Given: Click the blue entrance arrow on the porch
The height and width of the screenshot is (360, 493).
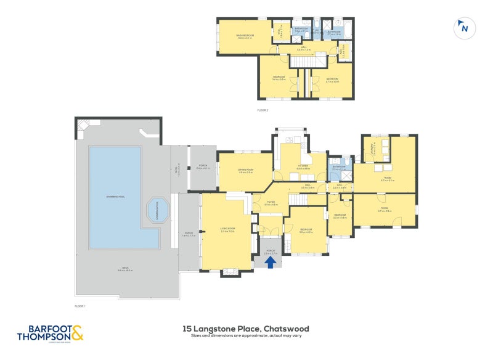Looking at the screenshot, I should click(271, 261).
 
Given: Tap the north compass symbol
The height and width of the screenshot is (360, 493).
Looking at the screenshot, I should click(463, 28).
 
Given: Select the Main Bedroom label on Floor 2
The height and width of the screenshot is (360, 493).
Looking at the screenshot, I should click(245, 36).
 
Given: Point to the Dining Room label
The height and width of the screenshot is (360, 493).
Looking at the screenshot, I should click(246, 171).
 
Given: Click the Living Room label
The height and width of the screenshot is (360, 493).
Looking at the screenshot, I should click(227, 229).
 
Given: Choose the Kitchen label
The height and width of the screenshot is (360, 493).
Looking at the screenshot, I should click(302, 167).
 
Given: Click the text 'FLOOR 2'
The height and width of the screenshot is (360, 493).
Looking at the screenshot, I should click(263, 110).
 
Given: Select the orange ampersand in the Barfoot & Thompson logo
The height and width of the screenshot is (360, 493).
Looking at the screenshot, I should click(77, 333).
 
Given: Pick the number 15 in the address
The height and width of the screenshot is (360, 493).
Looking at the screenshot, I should click(187, 329).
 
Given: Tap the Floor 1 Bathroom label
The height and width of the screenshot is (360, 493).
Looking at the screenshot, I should click(339, 167).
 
